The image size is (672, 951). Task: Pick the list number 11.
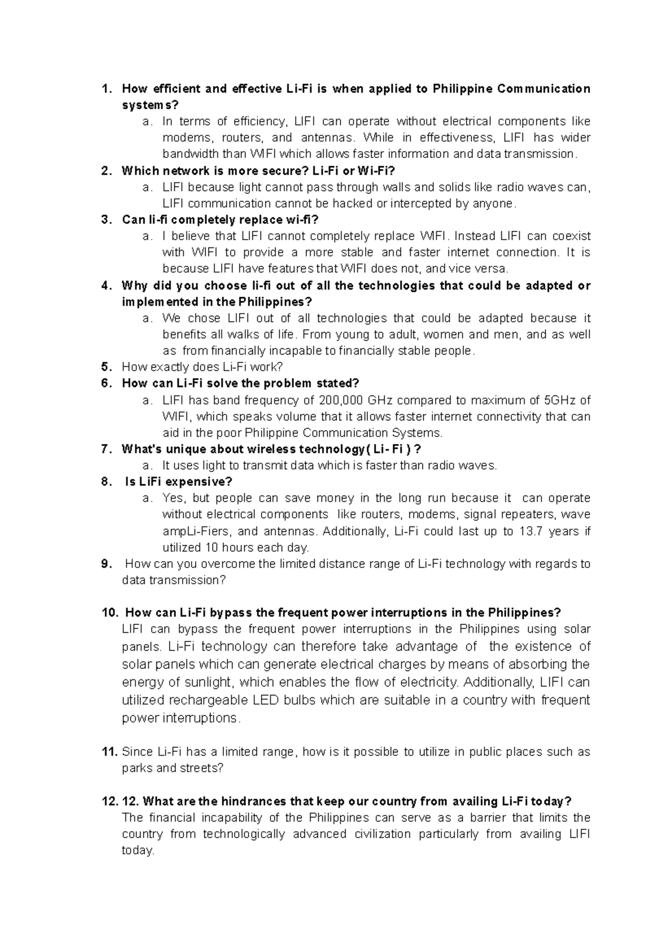click(110, 752)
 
